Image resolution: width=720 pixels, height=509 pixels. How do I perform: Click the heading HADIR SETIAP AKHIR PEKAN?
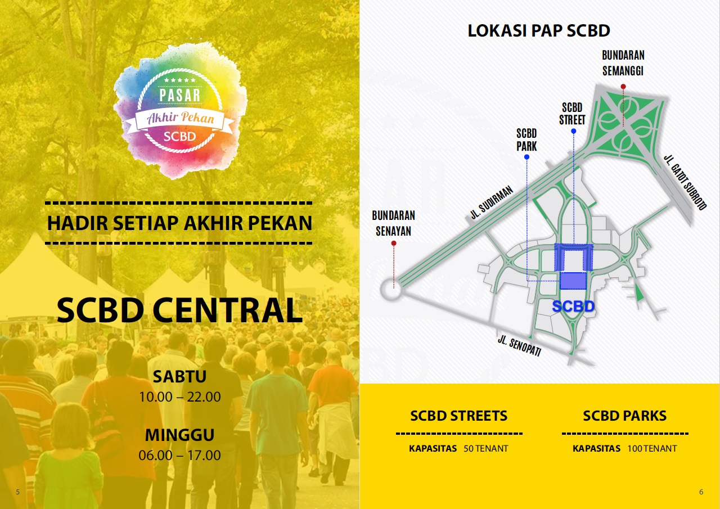click(179, 223)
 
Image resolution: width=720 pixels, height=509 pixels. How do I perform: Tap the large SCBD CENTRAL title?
click(179, 310)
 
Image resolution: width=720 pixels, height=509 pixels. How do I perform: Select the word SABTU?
click(179, 376)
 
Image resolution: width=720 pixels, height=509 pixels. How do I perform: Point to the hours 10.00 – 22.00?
click(179, 397)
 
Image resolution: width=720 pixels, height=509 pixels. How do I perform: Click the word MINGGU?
click(179, 435)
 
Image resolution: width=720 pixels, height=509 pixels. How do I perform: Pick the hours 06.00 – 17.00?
click(179, 455)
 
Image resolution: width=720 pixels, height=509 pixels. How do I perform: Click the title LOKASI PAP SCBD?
click(539, 30)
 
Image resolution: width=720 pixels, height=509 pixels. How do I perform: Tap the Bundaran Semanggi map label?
click(623, 63)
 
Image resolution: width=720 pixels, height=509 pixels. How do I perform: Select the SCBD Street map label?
click(573, 114)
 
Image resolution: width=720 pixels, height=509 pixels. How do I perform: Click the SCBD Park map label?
click(526, 140)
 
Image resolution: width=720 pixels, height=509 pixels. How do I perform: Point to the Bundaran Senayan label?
click(393, 223)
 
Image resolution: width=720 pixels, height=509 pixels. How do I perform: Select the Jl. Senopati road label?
click(519, 345)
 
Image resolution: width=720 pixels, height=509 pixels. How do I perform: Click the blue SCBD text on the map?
click(573, 307)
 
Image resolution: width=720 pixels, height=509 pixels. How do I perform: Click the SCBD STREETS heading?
click(458, 416)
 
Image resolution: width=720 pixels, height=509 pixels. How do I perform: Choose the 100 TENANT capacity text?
click(652, 449)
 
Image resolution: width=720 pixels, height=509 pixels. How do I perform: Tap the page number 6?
click(701, 492)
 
